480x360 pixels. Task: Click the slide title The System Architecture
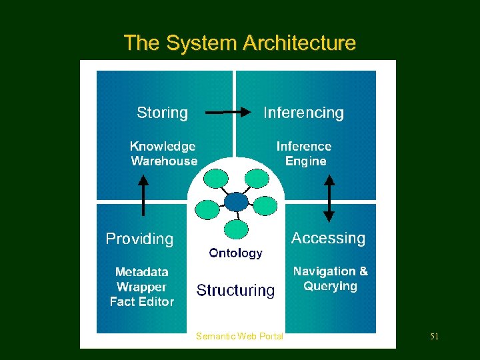pyautogui.click(x=239, y=43)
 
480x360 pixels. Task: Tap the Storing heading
pyautogui.click(x=162, y=113)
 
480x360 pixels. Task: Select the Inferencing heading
pyautogui.click(x=303, y=113)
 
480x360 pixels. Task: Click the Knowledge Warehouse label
pyautogui.click(x=163, y=153)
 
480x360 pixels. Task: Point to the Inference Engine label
pyautogui.click(x=304, y=153)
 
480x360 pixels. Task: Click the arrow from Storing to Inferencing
pyautogui.click(x=227, y=113)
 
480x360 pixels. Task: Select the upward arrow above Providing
pyautogui.click(x=143, y=194)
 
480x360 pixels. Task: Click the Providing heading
pyautogui.click(x=139, y=239)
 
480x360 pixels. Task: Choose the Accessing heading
pyautogui.click(x=328, y=238)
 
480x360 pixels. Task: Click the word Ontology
pyautogui.click(x=235, y=253)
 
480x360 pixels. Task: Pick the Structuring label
pyautogui.click(x=235, y=291)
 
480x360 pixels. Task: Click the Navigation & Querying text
pyautogui.click(x=330, y=279)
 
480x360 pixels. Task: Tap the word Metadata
pyautogui.click(x=141, y=272)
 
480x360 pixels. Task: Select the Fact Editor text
pyautogui.click(x=141, y=302)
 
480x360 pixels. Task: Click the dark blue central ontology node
pyautogui.click(x=236, y=201)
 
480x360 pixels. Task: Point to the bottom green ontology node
pyautogui.click(x=236, y=229)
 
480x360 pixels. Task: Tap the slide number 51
pyautogui.click(x=434, y=337)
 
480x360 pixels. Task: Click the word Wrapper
pyautogui.click(x=141, y=287)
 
